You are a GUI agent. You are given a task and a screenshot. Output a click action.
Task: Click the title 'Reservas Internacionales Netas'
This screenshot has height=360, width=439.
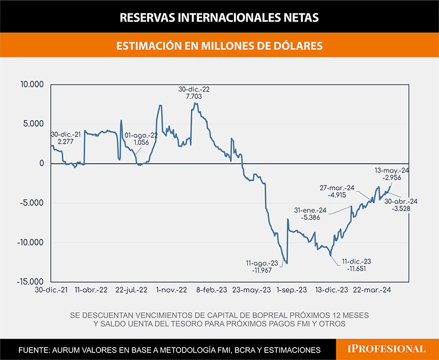coord(219,17)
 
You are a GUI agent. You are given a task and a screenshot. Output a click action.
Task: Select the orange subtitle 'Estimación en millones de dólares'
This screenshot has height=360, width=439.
coord(219,45)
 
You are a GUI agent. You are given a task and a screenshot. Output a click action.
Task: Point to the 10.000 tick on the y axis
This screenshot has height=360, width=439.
coord(31,84)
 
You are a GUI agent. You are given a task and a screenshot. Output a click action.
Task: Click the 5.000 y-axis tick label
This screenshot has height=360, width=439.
coord(33,124)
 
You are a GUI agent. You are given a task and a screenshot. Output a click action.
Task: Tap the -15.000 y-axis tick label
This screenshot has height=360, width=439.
coord(30,282)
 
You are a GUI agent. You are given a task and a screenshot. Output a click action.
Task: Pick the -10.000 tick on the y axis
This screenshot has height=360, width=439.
coord(30,243)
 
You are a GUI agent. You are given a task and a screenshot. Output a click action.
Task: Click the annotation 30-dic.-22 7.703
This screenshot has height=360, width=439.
coord(195,93)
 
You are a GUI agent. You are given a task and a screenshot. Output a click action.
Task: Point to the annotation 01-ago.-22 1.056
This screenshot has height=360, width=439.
coord(142,138)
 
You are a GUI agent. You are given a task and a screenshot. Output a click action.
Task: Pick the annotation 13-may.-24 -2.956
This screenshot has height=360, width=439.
coord(392,174)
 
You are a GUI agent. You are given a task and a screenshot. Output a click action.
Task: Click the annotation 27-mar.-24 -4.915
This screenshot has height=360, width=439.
coord(337,191)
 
